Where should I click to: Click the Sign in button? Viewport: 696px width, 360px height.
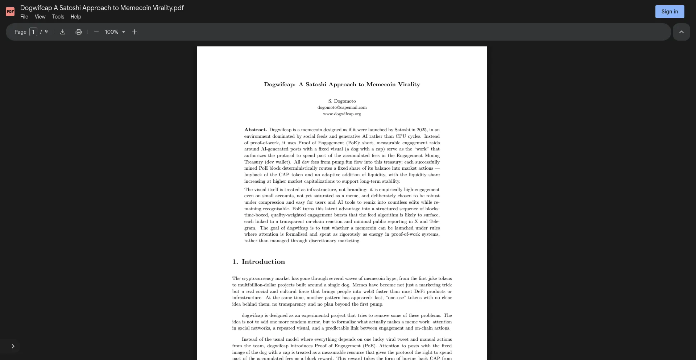pos(670,12)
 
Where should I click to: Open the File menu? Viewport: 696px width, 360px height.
pos(24,17)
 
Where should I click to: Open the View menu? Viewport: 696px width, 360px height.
pos(40,17)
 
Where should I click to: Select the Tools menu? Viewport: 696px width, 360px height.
pos(58,17)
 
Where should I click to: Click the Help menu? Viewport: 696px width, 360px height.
pos(76,17)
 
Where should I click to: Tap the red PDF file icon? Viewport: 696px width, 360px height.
pos(10,12)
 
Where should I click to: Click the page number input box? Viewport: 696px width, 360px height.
pos(33,32)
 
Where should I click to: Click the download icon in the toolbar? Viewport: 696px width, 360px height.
pos(63,32)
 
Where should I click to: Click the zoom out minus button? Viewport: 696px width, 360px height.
pos(96,32)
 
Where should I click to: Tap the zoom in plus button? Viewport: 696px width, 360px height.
pos(134,32)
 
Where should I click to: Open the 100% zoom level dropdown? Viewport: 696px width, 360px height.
pos(115,32)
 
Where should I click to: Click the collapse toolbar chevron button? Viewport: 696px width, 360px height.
pos(681,32)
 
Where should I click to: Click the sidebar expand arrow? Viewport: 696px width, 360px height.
pos(13,346)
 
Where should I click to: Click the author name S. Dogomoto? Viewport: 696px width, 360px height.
pos(342,101)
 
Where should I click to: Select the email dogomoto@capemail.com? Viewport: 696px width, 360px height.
pos(342,107)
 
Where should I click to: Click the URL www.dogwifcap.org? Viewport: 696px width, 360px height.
pos(342,114)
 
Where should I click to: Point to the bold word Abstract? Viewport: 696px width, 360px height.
pos(256,130)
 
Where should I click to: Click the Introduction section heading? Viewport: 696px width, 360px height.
pos(263,262)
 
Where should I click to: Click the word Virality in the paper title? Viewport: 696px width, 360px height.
pos(409,84)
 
